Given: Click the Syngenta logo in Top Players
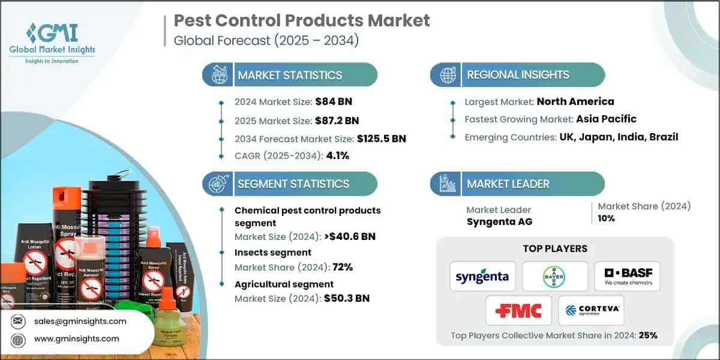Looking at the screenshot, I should click(x=482, y=277).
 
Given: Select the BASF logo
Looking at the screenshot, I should click(x=627, y=276).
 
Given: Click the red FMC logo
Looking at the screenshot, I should click(x=518, y=310).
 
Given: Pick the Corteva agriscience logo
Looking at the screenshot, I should click(x=591, y=310).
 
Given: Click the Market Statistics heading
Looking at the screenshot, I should click(x=290, y=75).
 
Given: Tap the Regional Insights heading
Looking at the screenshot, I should click(x=518, y=75).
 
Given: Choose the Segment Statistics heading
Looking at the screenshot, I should click(x=293, y=184).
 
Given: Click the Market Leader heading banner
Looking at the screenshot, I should click(x=508, y=184).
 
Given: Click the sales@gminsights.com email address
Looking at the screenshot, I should click(x=80, y=321).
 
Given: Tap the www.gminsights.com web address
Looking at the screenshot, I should click(x=77, y=339).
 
